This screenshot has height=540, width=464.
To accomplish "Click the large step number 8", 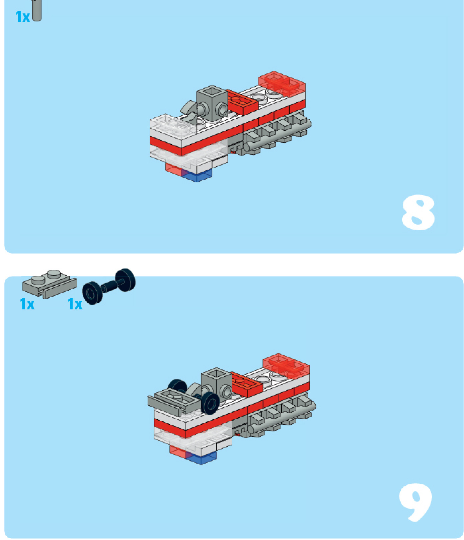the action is pyautogui.click(x=418, y=213).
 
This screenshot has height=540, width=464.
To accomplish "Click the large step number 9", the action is pyautogui.click(x=415, y=502).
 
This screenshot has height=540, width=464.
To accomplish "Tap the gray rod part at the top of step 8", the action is pyautogui.click(x=36, y=10).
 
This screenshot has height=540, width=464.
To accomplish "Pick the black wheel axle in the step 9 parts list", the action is pyautogui.click(x=109, y=287).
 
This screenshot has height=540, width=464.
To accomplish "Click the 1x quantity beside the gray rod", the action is pyautogui.click(x=23, y=17).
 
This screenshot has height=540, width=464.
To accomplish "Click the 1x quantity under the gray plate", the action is pyautogui.click(x=27, y=304).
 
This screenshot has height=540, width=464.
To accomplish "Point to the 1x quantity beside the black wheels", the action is pyautogui.click(x=75, y=304).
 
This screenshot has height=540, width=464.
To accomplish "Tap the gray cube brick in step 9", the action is pyautogui.click(x=216, y=384).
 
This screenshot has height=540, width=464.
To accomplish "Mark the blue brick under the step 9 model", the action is pyautogui.click(x=202, y=458).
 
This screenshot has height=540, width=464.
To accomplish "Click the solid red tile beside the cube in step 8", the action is pyautogui.click(x=242, y=101).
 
